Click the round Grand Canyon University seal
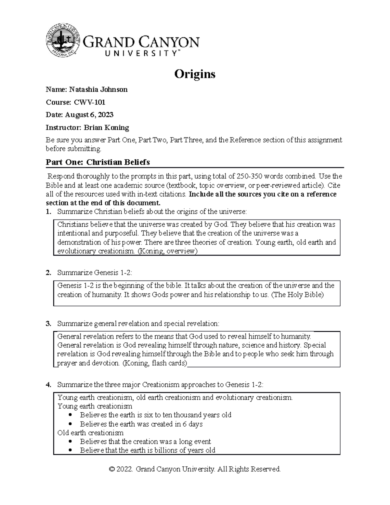[63, 40]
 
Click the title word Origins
[195, 74]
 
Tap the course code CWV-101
[90, 102]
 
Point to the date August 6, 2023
[89, 115]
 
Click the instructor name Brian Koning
[107, 127]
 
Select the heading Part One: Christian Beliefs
[98, 162]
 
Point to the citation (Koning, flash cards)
[155, 363]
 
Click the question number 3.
[48, 324]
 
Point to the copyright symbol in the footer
[112, 469]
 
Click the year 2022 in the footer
[125, 469]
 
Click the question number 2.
[48, 272]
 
